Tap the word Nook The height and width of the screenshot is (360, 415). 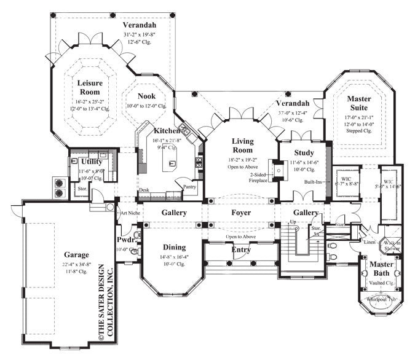click(x=146, y=96)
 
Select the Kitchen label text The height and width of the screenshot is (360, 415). click(x=167, y=131)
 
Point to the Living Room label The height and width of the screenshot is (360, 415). click(x=243, y=146)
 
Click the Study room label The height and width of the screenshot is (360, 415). click(x=304, y=153)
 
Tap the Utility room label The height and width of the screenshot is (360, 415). click(x=90, y=161)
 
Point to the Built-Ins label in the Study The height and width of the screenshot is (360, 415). click(x=314, y=182)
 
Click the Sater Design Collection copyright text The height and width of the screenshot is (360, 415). click(x=105, y=300)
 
